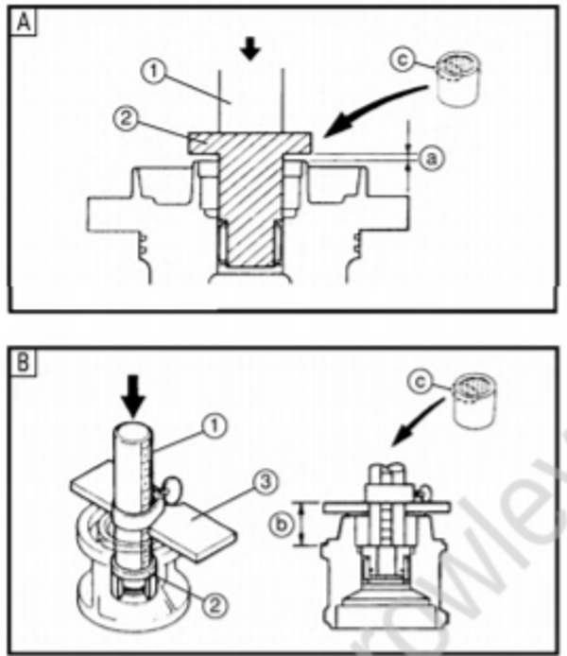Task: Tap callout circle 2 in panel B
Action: tap(218, 600)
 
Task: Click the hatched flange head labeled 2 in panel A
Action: tap(250, 141)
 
